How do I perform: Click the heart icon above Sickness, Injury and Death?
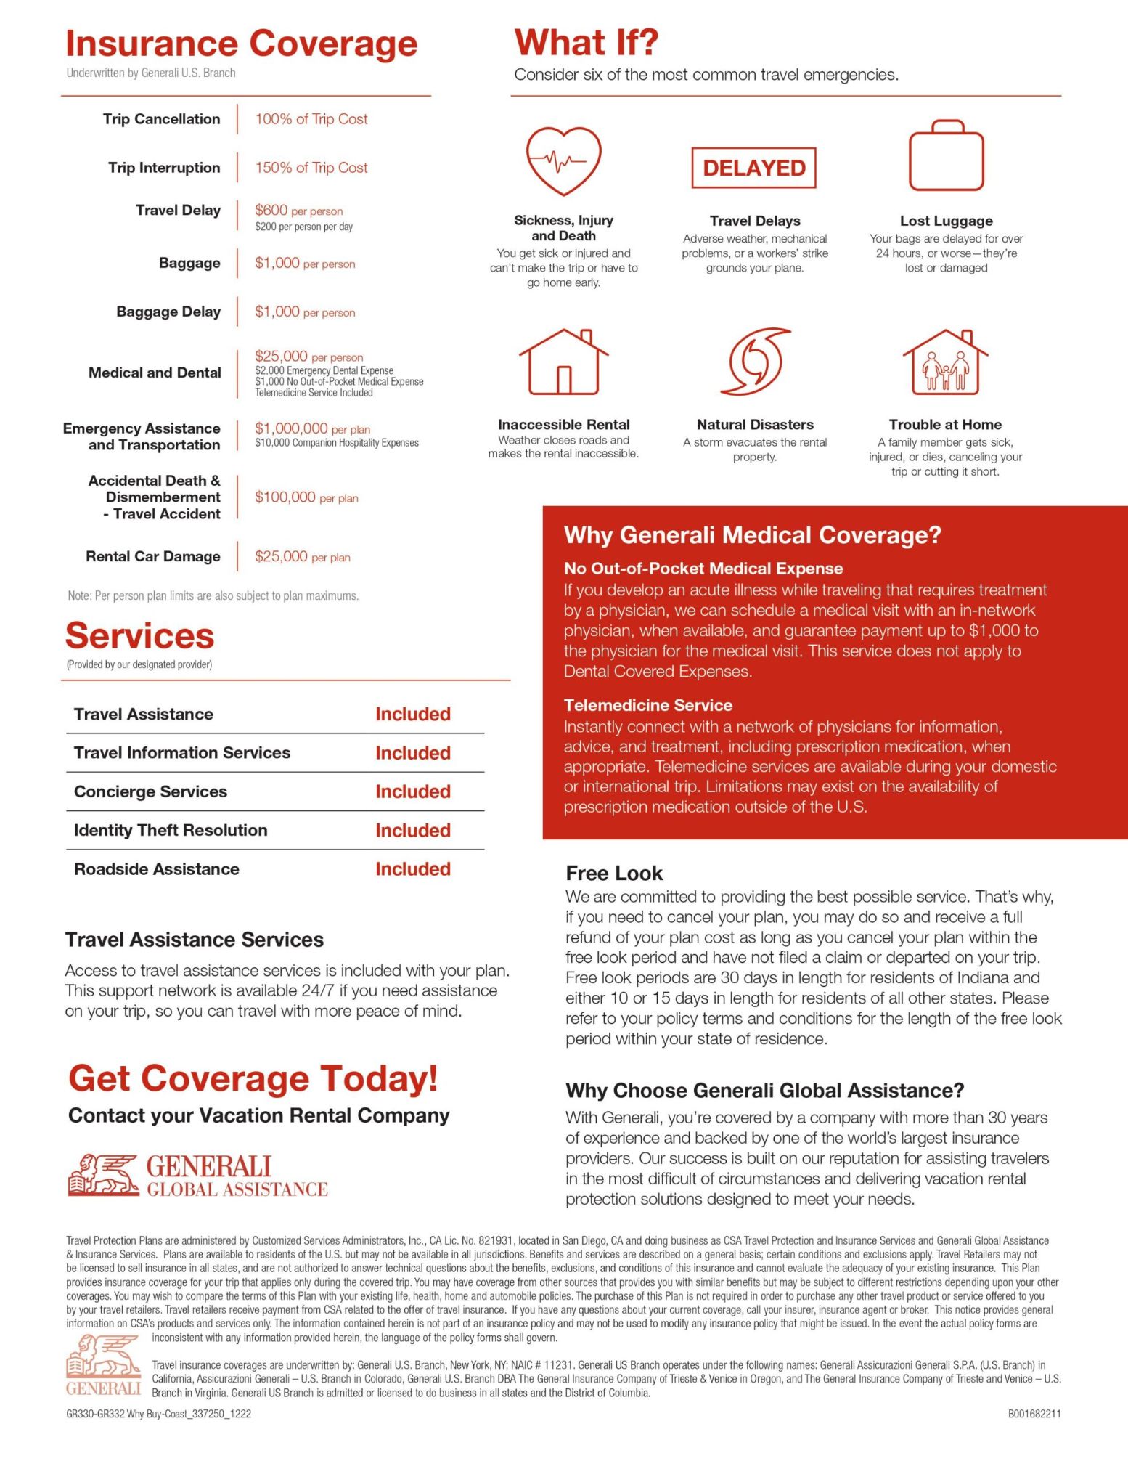coord(563,160)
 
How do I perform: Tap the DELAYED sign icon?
coord(753,168)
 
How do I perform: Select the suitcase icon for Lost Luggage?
coord(946,156)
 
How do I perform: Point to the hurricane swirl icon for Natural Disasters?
coord(755,362)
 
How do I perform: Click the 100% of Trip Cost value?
coord(311,119)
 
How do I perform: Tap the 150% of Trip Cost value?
coord(311,168)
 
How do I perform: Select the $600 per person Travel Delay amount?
coord(298,211)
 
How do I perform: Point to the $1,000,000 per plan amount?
coord(312,428)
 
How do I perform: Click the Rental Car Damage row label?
coord(153,556)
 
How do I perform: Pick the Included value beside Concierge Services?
coord(412,791)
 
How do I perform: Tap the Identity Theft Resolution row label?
coord(171,830)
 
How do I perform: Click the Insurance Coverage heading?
coord(241,44)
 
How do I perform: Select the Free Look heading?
coord(614,873)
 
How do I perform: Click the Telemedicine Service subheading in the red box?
coord(647,705)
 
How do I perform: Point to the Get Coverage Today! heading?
coord(253,1078)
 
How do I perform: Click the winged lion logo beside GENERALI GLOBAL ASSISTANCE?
coord(103,1175)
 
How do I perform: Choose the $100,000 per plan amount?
coord(306,497)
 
